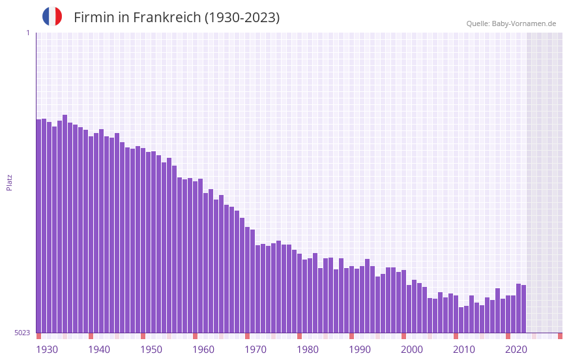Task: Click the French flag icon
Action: coord(52,16)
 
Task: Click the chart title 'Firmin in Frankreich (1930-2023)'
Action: coord(177,18)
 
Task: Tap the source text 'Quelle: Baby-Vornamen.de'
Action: coord(511,23)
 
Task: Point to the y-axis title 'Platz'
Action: coord(9,182)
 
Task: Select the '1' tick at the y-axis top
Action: coord(27,33)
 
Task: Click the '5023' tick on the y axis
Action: coord(22,333)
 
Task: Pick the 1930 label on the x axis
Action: coord(47,350)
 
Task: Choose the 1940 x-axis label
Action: coord(99,350)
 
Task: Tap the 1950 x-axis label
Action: coord(151,350)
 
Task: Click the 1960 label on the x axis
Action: coord(203,350)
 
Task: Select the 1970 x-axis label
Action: coord(255,350)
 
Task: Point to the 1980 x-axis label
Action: coord(308,350)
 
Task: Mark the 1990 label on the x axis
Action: coord(360,350)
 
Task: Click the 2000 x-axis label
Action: coord(412,350)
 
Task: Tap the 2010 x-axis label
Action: coord(464,350)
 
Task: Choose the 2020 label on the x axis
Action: coord(516,350)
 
